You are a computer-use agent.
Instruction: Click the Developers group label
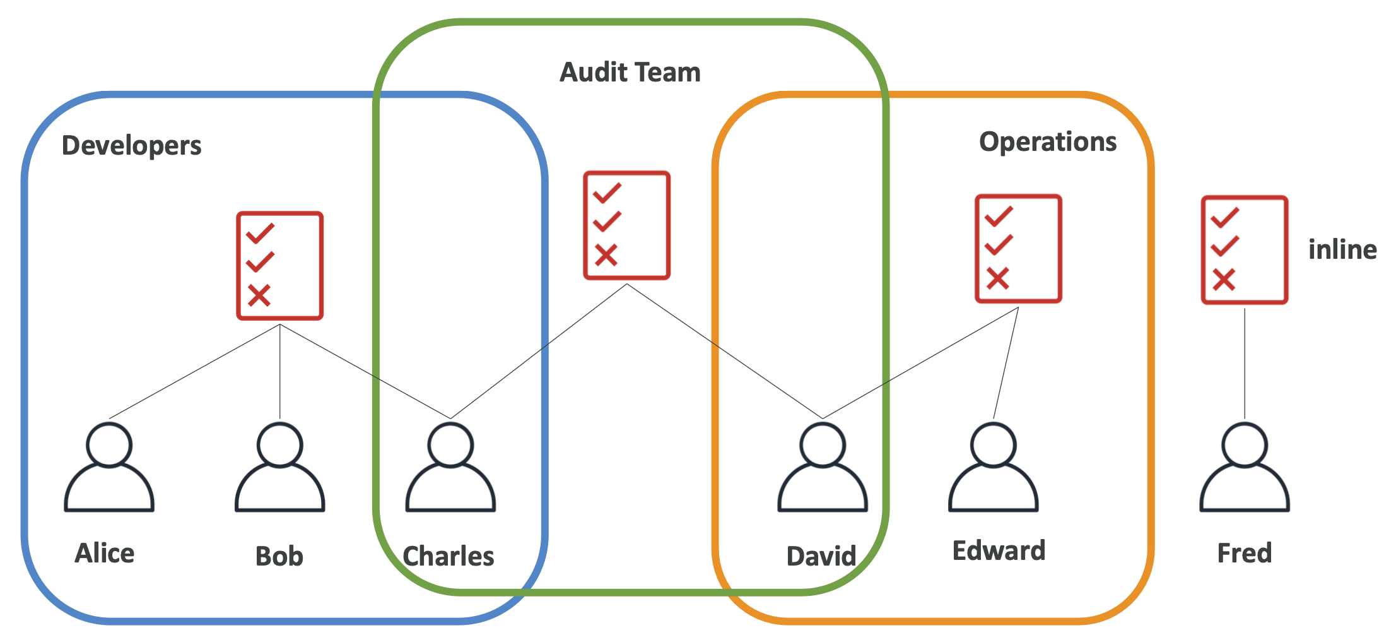[x=131, y=146]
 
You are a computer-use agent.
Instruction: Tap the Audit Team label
[x=630, y=73]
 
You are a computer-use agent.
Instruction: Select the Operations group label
[x=1047, y=142]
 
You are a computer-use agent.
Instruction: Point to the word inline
[x=1342, y=250]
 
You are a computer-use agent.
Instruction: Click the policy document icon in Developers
[x=280, y=266]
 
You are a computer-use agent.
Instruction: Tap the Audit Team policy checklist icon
[x=626, y=225]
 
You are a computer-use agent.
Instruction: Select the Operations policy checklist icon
[x=1018, y=249]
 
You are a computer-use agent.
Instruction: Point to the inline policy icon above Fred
[x=1245, y=250]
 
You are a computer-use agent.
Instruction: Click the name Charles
[x=448, y=556]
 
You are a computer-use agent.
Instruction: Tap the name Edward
[x=999, y=551]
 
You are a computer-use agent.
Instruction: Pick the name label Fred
[x=1244, y=554]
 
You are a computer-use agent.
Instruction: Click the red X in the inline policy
[x=1224, y=280]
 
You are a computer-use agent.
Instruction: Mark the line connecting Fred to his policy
[x=1245, y=364]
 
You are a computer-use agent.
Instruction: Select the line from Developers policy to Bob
[x=280, y=372]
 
